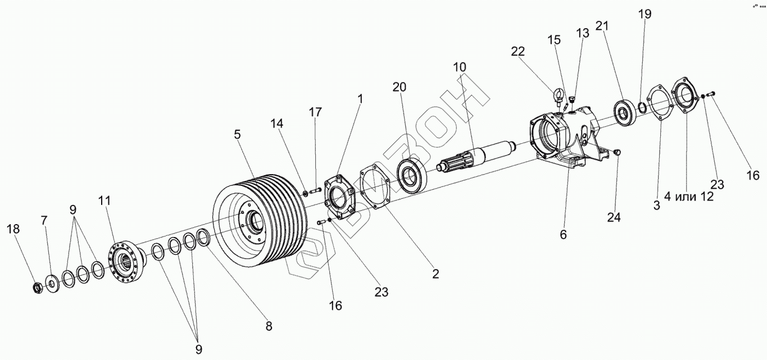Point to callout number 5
click(237, 134)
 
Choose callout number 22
click(518, 52)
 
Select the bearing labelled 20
click(414, 173)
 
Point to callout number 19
click(645, 14)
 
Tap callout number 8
click(268, 326)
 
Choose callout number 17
click(315, 112)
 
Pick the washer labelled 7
click(53, 282)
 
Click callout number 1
click(360, 99)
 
